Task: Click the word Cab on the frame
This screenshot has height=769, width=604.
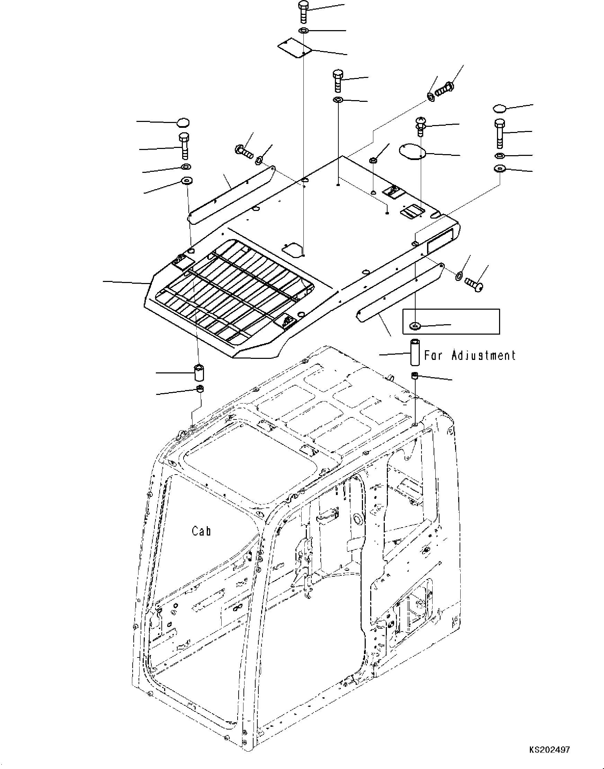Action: click(201, 531)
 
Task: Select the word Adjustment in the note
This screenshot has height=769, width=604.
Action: click(483, 355)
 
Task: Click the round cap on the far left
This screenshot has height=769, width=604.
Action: click(183, 123)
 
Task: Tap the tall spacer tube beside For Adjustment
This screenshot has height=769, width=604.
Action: click(415, 352)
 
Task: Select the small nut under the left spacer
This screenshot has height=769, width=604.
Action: click(201, 390)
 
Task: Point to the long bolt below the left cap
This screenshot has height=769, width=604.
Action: click(185, 146)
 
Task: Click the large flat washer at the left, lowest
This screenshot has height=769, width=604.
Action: click(187, 182)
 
